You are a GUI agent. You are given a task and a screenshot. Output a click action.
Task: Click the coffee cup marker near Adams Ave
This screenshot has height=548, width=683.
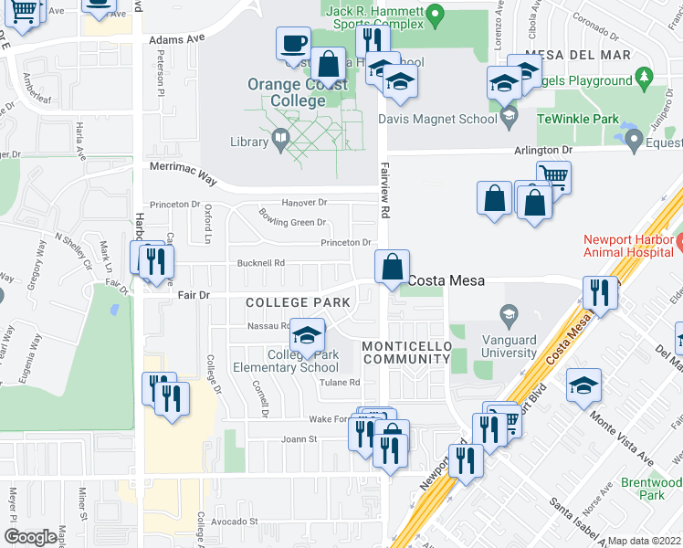pyautogui.click(x=294, y=45)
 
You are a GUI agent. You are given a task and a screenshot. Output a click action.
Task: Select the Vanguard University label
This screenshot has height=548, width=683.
pyautogui.click(x=509, y=345)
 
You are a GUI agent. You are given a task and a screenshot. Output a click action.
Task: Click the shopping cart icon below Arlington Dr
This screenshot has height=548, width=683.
pyautogui.click(x=553, y=175)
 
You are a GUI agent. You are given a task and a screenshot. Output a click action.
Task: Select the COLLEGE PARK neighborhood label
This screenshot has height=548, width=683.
pyautogui.click(x=298, y=302)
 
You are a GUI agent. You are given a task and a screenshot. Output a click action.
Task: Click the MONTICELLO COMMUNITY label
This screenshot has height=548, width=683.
pyautogui.click(x=406, y=353)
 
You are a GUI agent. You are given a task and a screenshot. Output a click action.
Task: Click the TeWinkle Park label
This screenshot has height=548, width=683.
pyautogui.click(x=577, y=120)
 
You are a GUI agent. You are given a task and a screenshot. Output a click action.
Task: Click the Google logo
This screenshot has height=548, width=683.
pyautogui.click(x=30, y=536)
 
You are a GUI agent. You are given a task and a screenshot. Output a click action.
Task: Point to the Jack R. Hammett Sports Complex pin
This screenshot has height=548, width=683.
pyautogui.click(x=436, y=14)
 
